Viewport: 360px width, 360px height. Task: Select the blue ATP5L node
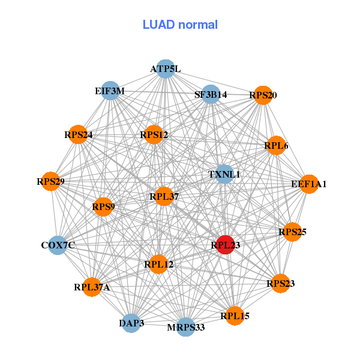[x=165, y=69]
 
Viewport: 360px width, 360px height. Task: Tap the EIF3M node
[x=110, y=91]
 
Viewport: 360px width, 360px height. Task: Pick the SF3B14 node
[x=210, y=95]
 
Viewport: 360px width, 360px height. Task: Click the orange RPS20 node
[x=263, y=95]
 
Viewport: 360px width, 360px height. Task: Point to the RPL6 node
[x=276, y=145]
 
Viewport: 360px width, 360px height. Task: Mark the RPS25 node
[x=292, y=232]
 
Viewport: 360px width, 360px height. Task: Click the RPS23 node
[x=280, y=283]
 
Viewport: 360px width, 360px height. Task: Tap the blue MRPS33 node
[x=186, y=327]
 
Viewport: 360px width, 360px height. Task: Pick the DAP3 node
[x=132, y=323]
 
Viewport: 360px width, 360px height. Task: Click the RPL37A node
[x=92, y=287]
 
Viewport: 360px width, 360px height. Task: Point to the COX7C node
[x=58, y=245]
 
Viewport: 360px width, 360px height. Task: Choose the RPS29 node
[x=51, y=181]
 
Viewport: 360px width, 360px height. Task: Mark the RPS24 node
[x=79, y=134]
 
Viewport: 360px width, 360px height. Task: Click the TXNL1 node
[x=224, y=175]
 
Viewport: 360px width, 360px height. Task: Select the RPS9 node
[x=104, y=207]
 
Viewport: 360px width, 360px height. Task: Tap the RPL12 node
[x=158, y=264]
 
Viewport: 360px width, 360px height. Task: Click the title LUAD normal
[x=180, y=25]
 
